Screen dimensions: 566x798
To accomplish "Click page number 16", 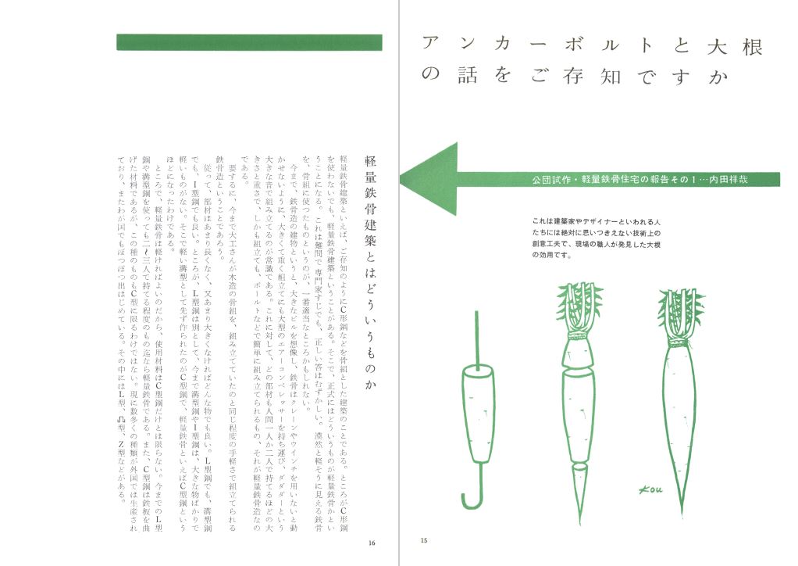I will pos(372,541).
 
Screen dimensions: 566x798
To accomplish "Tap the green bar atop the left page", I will pos(248,42).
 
